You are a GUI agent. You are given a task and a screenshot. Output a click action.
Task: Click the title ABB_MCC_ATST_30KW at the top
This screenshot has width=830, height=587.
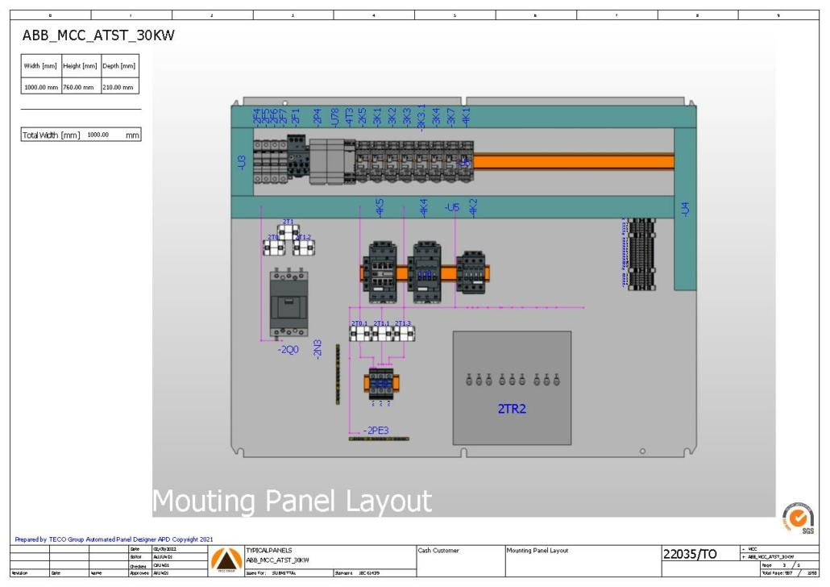[x=98, y=35]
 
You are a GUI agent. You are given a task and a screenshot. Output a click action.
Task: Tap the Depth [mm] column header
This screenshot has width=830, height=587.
[x=118, y=66]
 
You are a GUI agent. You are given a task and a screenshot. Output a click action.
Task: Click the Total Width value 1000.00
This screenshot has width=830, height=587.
[x=98, y=135]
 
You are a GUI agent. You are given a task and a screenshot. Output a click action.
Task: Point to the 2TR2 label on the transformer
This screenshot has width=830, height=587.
[x=512, y=409]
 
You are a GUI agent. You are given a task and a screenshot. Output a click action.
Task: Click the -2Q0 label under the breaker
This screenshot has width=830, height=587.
[x=288, y=351]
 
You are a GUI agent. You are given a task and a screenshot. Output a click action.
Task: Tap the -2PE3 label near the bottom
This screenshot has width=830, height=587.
[x=376, y=430]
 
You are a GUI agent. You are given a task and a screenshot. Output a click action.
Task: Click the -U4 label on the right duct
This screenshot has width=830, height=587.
[x=685, y=209]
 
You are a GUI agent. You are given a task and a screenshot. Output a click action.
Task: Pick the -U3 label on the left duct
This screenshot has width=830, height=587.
[x=241, y=162]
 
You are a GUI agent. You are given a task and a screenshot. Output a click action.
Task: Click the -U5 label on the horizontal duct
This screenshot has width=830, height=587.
[x=451, y=207]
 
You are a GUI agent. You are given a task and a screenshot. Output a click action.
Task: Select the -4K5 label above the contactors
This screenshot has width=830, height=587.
[x=380, y=207]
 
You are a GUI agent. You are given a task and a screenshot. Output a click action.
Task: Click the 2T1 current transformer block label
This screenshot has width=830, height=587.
[x=288, y=221]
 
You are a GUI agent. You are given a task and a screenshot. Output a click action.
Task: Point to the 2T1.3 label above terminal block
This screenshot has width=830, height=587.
[x=403, y=323]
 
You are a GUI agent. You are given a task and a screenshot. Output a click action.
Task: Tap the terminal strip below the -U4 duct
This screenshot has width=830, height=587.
[x=641, y=254]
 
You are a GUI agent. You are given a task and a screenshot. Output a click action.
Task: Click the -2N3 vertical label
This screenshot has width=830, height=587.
[x=317, y=348]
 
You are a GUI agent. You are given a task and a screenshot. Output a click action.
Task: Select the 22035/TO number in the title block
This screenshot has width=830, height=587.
[x=689, y=554]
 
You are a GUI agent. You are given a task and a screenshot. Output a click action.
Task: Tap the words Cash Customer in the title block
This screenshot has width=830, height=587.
[x=439, y=551]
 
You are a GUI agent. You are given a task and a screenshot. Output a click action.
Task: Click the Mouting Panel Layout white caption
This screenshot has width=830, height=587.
[x=292, y=501]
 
